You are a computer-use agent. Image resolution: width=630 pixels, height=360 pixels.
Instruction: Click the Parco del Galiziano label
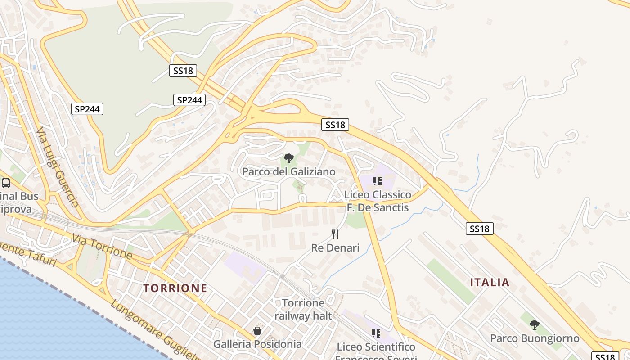point(289,172)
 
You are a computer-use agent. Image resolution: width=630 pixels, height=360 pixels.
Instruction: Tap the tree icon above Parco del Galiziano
point(289,158)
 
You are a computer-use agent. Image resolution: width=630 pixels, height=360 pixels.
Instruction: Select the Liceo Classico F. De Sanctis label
point(378,201)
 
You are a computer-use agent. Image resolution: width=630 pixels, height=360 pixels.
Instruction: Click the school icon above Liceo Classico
point(377,181)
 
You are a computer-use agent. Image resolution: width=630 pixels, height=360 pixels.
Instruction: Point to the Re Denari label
point(335,248)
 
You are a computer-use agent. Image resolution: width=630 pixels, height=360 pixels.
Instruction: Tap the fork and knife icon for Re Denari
point(335,234)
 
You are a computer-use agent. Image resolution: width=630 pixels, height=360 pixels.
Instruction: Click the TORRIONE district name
point(175,288)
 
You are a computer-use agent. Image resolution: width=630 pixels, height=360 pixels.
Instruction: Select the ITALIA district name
point(490,283)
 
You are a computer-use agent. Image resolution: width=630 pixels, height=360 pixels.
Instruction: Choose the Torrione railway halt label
point(303,309)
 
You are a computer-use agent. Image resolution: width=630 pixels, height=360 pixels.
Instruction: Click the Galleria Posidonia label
point(257,344)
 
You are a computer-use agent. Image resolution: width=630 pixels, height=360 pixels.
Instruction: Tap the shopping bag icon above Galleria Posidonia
point(257,331)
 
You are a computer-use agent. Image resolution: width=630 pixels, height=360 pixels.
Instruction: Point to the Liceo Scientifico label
point(376,347)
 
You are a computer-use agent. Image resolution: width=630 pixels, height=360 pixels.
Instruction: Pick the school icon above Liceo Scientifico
point(376,333)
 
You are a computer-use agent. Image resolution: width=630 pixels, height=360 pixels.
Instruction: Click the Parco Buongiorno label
point(535,338)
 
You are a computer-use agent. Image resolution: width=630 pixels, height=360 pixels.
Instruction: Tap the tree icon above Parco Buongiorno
point(535,324)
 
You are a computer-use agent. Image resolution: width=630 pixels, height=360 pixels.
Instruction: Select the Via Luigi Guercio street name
point(58,166)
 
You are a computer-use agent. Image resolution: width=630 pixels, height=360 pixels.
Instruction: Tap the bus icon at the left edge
point(6,183)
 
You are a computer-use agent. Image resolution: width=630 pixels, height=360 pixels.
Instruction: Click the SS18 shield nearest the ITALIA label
point(479,229)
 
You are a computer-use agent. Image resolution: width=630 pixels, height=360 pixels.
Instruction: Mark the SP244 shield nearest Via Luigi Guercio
point(87,108)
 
